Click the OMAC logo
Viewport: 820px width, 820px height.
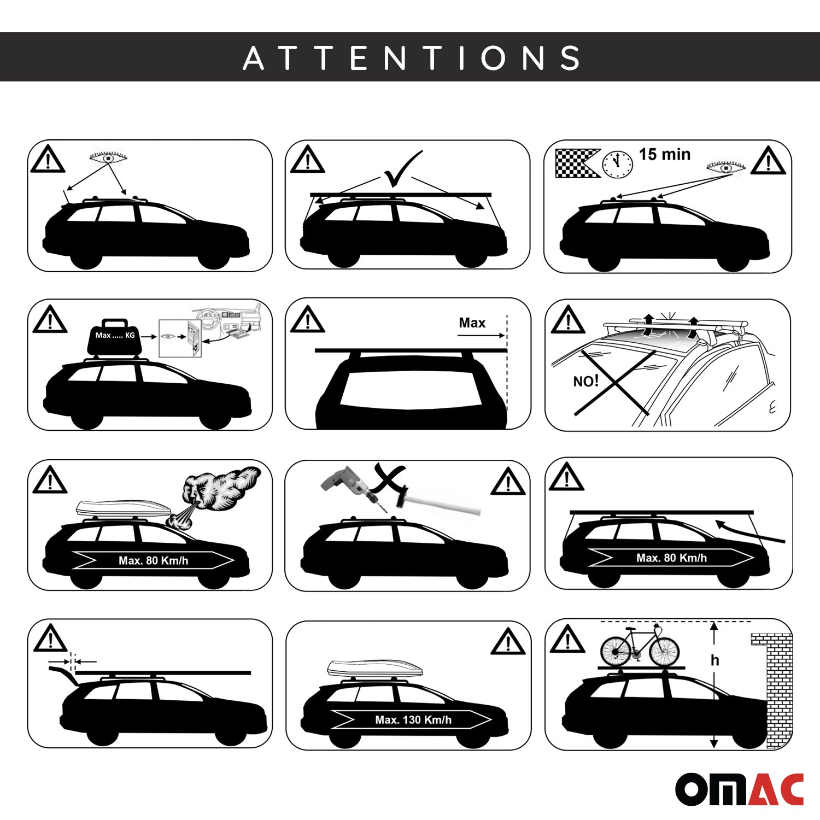(x=739, y=789)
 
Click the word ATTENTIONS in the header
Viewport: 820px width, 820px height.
(x=411, y=57)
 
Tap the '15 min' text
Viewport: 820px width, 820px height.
(x=664, y=155)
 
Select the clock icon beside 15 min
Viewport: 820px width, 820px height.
(x=617, y=163)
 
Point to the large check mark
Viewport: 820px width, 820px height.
(x=403, y=169)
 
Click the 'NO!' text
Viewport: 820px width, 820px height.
(x=585, y=381)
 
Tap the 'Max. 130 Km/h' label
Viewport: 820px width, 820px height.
(x=413, y=720)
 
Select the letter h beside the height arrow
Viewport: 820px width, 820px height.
(x=714, y=661)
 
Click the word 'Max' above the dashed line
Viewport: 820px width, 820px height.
(x=472, y=323)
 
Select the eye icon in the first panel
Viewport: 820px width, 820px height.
(x=108, y=158)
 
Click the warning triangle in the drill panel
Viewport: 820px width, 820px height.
(x=508, y=482)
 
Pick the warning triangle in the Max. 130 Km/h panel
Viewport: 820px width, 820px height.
(x=508, y=642)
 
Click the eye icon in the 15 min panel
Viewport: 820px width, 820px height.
(x=725, y=167)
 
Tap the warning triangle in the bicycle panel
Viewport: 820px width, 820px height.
(x=567, y=640)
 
